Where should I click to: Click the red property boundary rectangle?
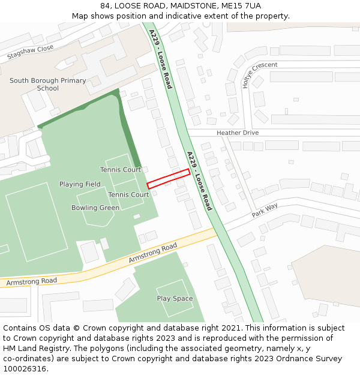pos(169,179)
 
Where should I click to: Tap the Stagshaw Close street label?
pos(30,52)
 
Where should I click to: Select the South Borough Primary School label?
pos(47,85)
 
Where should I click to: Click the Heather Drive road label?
pos(238,133)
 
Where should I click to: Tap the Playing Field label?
pos(80,184)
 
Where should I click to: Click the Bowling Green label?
pos(95,208)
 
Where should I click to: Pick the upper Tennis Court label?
pos(121,170)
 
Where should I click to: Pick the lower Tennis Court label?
pos(128,194)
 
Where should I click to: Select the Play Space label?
pos(175,298)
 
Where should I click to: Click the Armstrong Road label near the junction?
pos(153,254)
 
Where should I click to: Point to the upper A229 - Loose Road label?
pos(161,59)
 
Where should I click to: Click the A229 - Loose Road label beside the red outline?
pos(199,181)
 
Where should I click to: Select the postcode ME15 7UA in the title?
pos(242,5)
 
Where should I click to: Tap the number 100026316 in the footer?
pos(25,368)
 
